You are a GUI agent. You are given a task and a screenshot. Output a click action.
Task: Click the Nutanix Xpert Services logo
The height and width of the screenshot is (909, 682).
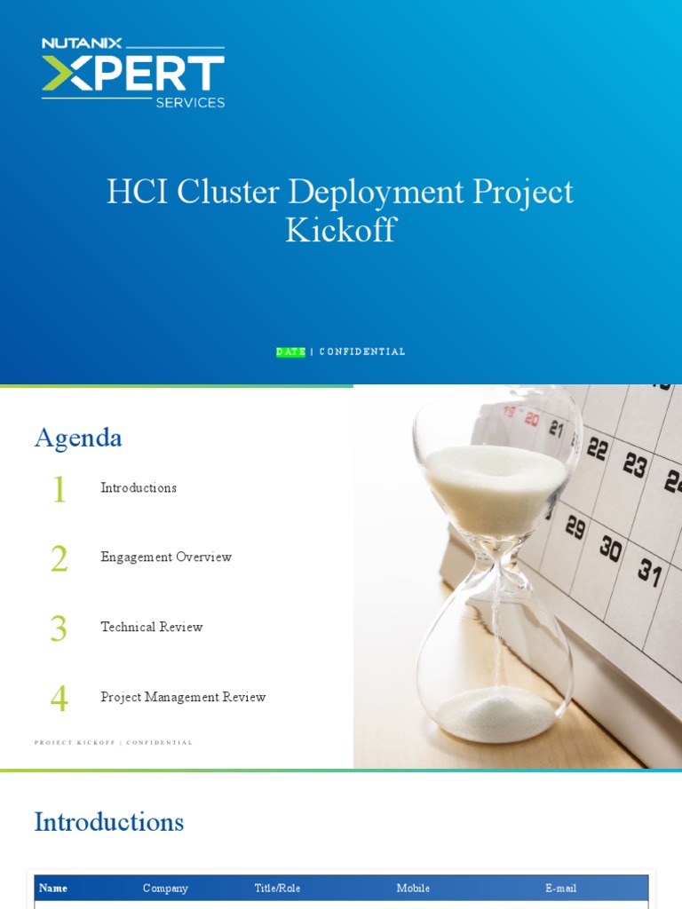click(x=133, y=73)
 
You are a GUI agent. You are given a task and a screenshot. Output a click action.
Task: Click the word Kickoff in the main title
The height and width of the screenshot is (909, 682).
click(x=340, y=230)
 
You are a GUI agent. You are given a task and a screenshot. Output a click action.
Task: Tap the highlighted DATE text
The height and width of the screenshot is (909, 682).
click(x=290, y=352)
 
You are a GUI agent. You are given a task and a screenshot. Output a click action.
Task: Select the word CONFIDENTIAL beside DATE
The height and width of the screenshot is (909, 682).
click(x=362, y=352)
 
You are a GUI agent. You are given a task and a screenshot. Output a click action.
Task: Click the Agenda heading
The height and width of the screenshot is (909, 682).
click(x=78, y=438)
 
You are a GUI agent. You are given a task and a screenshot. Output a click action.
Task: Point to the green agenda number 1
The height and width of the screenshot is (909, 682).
click(x=59, y=489)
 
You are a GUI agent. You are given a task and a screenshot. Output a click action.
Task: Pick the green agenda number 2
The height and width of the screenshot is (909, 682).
click(x=59, y=558)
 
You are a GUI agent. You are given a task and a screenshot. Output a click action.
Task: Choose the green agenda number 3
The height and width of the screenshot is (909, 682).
click(x=59, y=628)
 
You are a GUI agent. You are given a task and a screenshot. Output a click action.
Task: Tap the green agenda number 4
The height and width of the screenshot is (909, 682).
click(x=59, y=699)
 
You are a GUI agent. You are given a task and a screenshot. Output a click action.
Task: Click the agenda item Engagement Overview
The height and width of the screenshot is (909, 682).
click(x=166, y=557)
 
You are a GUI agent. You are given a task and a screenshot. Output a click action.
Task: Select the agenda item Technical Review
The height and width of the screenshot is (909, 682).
click(x=152, y=627)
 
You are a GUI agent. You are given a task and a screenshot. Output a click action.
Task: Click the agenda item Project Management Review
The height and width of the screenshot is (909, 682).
click(x=183, y=697)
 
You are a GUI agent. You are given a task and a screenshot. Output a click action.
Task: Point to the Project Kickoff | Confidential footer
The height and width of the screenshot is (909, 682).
click(x=114, y=742)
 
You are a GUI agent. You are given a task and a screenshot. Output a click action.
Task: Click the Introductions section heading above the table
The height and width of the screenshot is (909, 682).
click(x=109, y=822)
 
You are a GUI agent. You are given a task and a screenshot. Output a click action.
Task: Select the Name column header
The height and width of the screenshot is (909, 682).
click(x=53, y=888)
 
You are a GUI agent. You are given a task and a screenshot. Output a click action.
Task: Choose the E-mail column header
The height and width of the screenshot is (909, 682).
click(x=560, y=888)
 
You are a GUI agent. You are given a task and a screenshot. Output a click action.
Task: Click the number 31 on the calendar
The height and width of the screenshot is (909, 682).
click(x=650, y=573)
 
